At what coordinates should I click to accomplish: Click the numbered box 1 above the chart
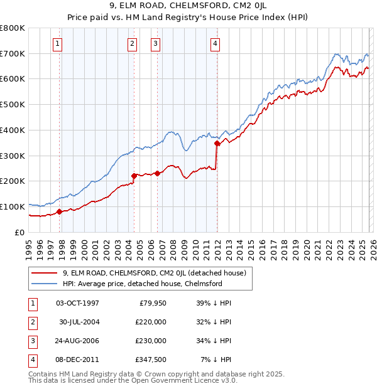[57, 43]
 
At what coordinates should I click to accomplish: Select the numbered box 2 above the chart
[132, 43]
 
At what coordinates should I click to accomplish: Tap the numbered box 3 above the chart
[155, 43]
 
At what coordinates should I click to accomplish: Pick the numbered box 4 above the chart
[215, 43]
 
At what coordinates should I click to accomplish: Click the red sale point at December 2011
[217, 144]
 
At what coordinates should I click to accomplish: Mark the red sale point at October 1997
[60, 211]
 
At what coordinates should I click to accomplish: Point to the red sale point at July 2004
[134, 176]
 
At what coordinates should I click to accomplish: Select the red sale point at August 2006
[158, 173]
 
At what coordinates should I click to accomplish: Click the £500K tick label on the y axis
[13, 105]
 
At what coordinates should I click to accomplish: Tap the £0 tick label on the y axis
[19, 232]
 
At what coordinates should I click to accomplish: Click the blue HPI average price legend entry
[142, 284]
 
